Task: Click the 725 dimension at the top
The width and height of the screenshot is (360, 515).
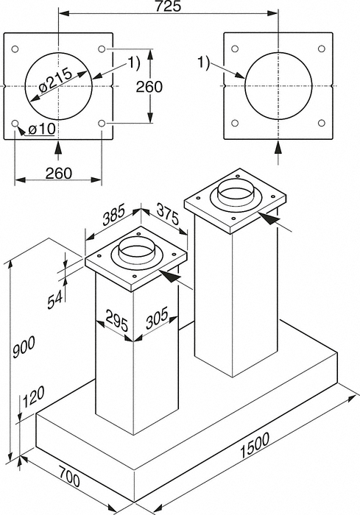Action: click(169, 6)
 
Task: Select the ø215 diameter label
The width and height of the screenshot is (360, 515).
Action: click(55, 81)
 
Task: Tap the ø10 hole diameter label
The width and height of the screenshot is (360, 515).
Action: click(42, 129)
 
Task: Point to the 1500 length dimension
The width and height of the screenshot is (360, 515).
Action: click(255, 444)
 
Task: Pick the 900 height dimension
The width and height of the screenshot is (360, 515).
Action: click(24, 348)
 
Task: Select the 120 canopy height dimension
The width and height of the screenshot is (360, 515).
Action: click(34, 397)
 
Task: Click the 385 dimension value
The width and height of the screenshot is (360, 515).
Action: click(114, 215)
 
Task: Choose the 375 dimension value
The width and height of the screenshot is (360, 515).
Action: click(168, 214)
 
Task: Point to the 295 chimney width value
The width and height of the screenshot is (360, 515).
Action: click(117, 321)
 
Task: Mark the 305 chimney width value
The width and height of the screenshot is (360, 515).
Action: click(157, 318)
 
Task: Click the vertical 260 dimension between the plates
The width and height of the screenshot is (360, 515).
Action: click(149, 87)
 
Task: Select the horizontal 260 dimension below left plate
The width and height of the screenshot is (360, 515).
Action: click(58, 173)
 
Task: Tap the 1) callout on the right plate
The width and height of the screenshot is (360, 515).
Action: click(203, 63)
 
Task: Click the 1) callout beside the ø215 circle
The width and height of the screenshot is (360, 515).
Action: click(134, 63)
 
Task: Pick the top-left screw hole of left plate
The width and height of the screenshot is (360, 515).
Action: click(15, 49)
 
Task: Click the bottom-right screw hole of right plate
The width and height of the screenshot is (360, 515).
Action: click(322, 123)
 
